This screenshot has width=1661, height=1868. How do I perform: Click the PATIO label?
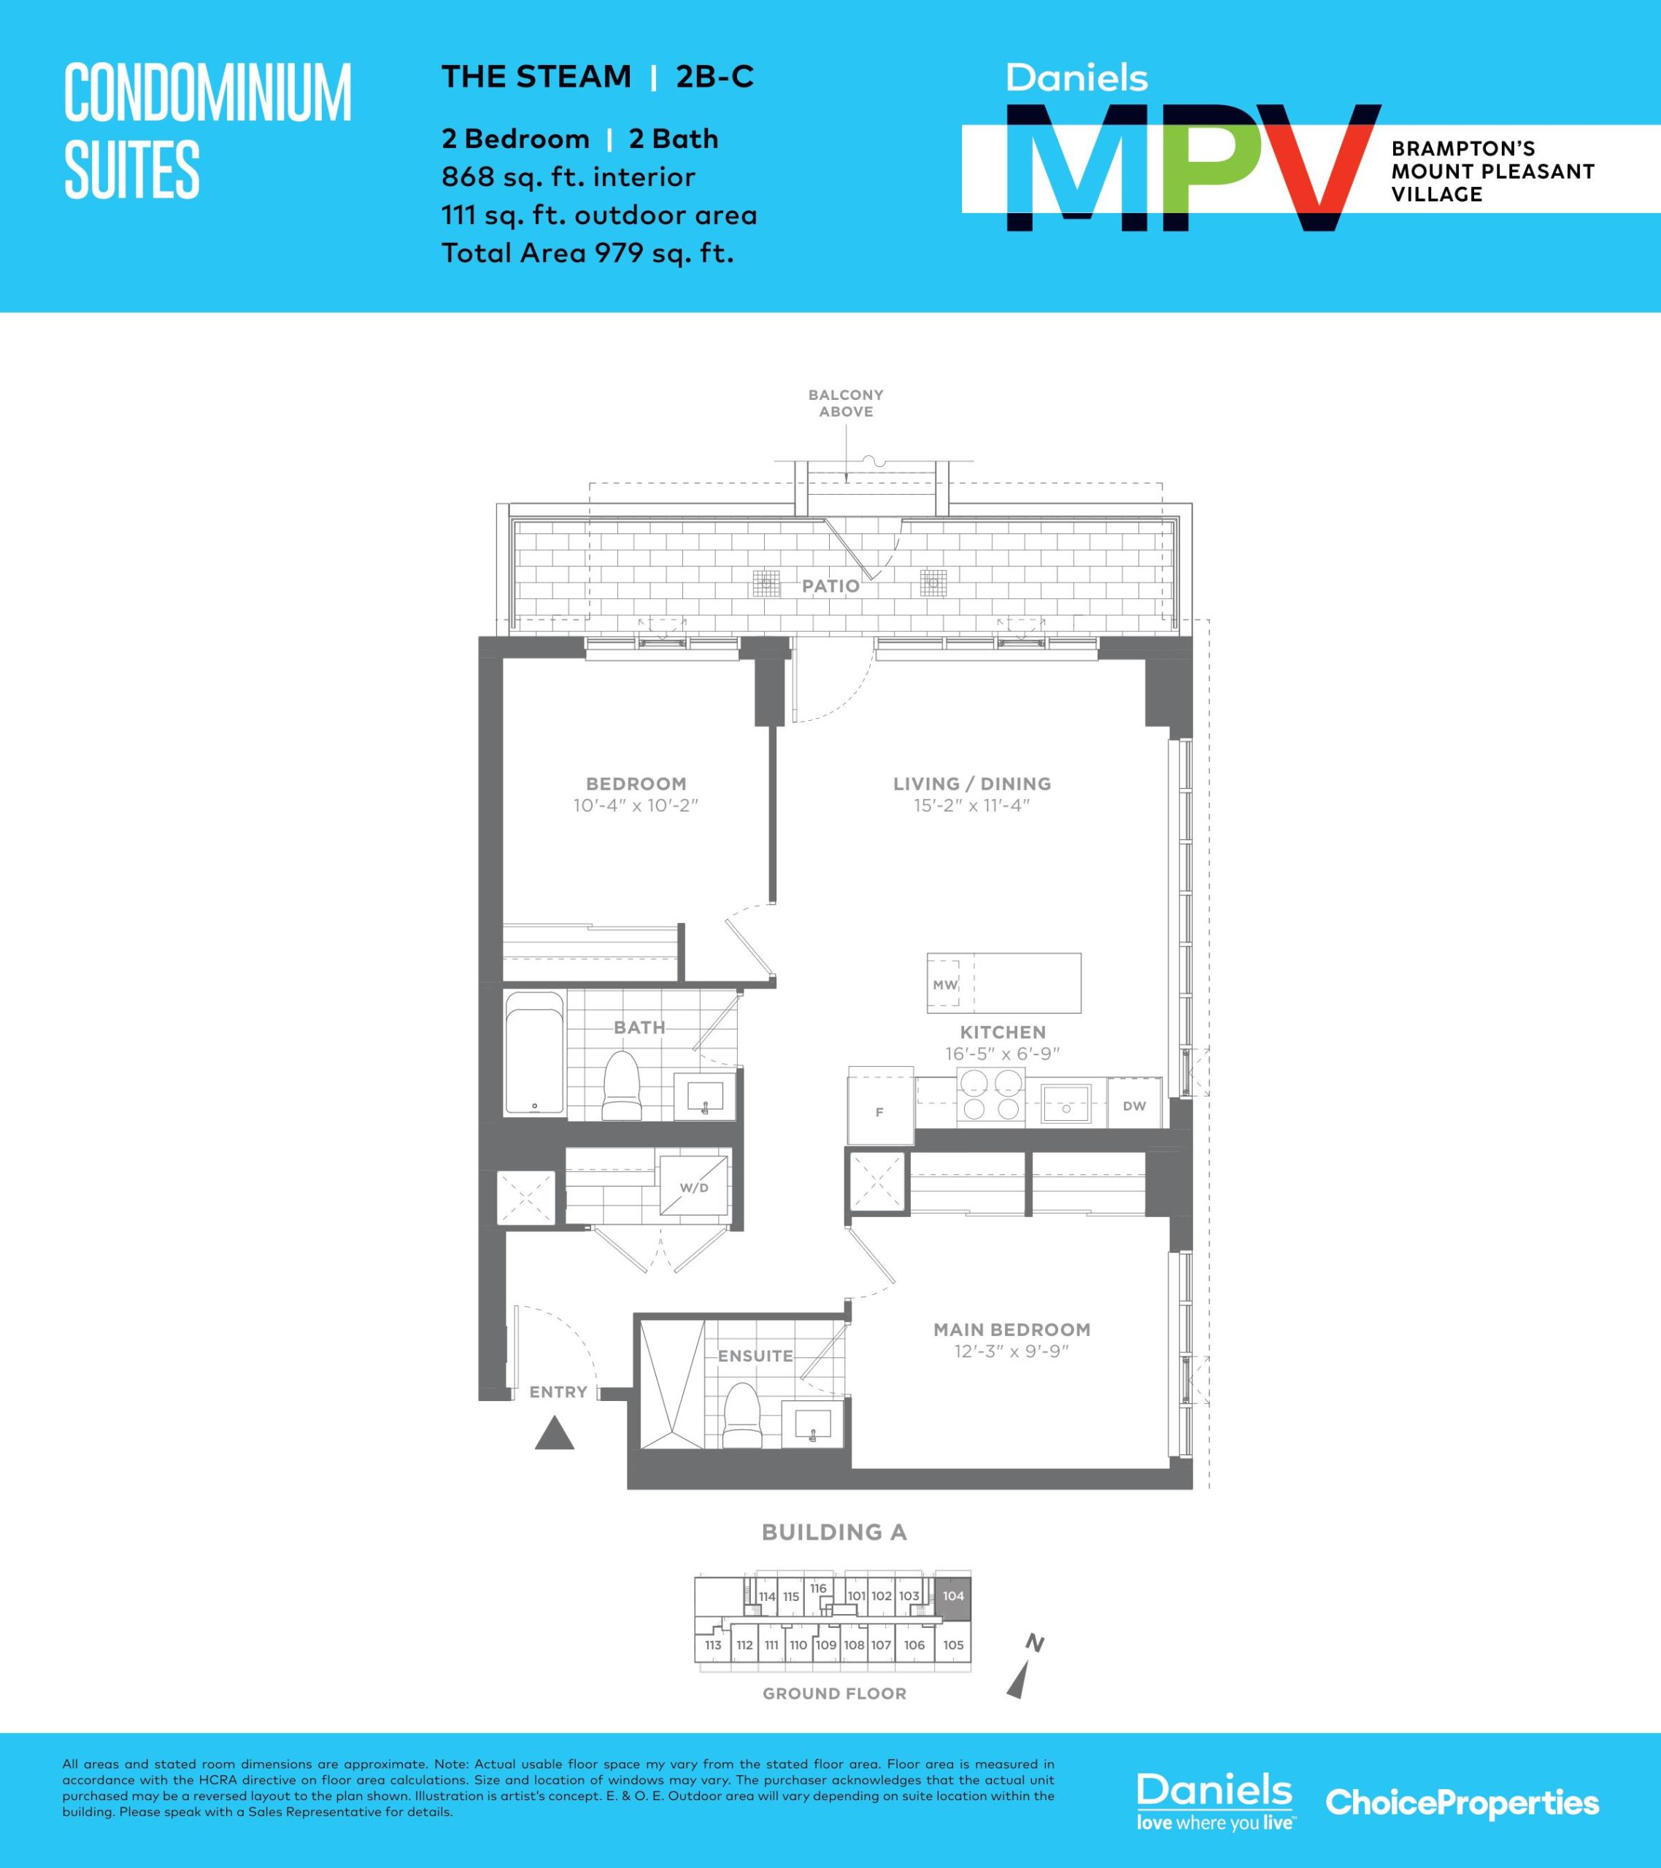click(830, 586)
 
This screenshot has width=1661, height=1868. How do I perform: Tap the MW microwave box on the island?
click(944, 984)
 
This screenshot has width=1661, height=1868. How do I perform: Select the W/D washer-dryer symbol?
click(695, 1187)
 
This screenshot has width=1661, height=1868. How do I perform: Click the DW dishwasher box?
click(1134, 1105)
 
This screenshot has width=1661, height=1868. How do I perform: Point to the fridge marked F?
click(880, 1105)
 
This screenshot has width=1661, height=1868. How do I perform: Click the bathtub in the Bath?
click(535, 1054)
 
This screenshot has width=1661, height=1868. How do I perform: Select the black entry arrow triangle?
click(554, 1433)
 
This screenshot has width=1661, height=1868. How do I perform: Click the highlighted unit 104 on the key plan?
click(953, 1596)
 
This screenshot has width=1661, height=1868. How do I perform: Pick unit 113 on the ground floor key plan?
click(713, 1645)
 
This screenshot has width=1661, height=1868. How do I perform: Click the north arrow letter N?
click(1034, 1644)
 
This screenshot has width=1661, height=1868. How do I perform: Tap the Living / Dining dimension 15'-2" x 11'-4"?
click(972, 805)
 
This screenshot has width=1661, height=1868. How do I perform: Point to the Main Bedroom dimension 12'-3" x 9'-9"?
click(1011, 1351)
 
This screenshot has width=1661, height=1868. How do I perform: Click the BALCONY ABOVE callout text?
click(846, 403)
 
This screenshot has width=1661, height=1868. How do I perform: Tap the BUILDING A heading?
click(833, 1532)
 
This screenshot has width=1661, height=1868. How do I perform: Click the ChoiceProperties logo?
click(1462, 1803)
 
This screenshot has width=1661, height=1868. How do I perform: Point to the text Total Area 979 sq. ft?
click(587, 253)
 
